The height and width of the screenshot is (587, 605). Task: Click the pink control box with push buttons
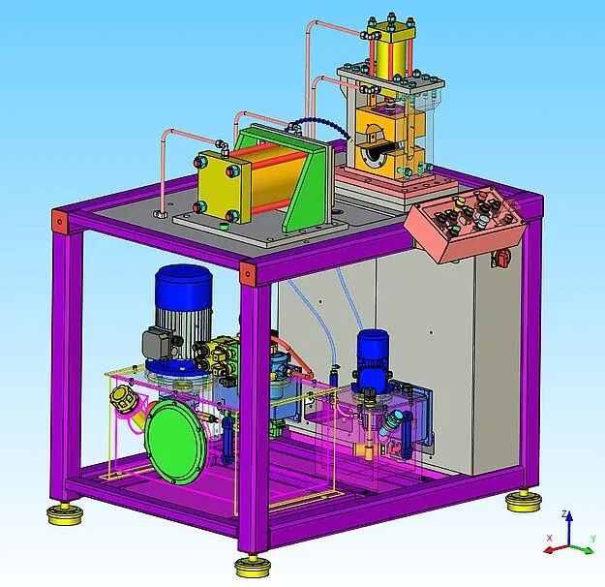[465, 224]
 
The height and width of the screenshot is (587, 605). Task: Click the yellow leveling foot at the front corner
[252, 567]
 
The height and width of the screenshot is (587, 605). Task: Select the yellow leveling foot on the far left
[65, 513]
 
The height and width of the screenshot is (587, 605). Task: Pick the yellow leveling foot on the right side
[524, 501]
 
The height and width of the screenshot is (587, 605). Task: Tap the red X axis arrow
[556, 549]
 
